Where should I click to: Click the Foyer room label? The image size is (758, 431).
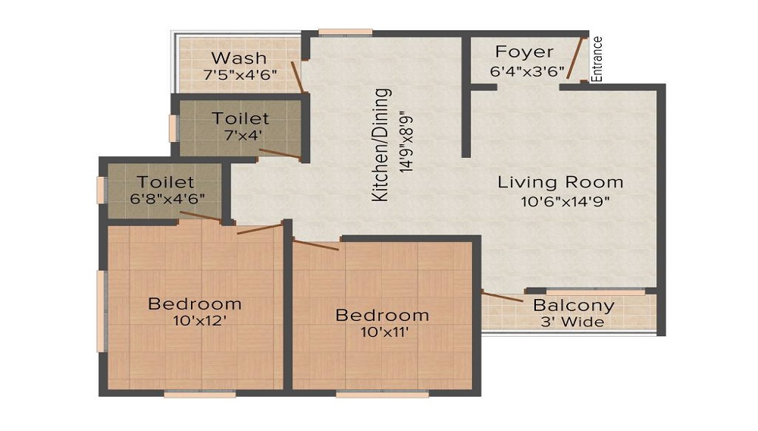[525, 52]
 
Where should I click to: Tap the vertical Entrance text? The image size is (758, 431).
[597, 59]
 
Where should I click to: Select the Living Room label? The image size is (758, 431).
[560, 182]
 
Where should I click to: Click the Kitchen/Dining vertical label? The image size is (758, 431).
[383, 145]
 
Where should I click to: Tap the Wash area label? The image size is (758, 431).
[239, 58]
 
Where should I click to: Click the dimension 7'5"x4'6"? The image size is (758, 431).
[240, 74]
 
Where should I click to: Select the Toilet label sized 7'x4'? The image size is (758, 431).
[240, 118]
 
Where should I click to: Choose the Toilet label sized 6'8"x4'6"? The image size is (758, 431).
[166, 182]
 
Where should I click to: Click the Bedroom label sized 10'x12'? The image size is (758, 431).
[195, 304]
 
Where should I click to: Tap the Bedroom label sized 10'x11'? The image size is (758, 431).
[383, 315]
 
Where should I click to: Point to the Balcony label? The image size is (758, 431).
[574, 306]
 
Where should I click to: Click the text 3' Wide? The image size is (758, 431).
[574, 322]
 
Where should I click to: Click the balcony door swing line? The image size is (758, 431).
[502, 297]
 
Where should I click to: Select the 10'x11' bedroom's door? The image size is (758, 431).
[317, 244]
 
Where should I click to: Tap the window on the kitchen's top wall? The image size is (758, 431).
[345, 32]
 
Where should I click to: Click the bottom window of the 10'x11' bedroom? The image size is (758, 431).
[383, 394]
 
